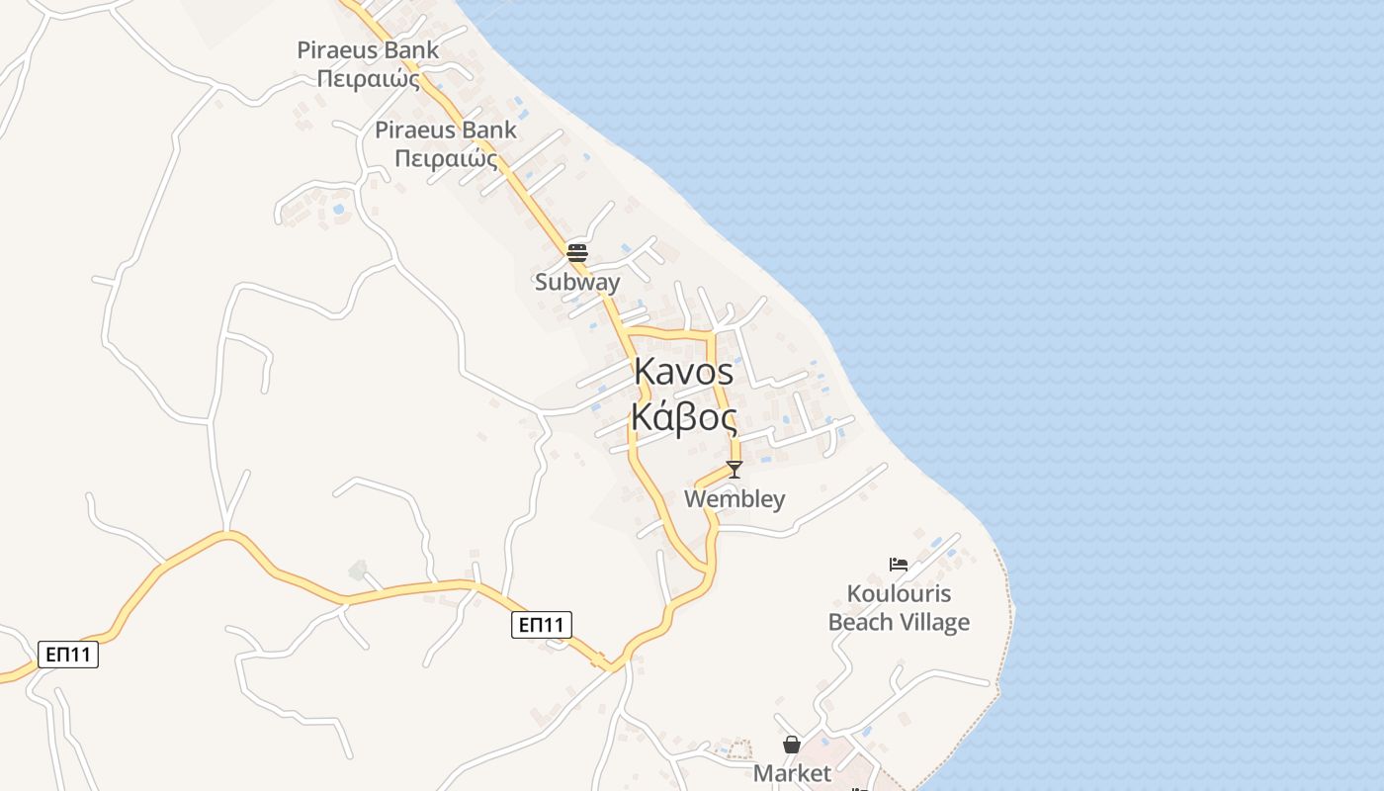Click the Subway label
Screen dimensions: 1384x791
[x=577, y=282]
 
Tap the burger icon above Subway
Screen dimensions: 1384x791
[x=577, y=252]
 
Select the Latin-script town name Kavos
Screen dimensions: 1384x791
[x=683, y=372]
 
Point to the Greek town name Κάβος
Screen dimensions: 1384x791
[x=683, y=417]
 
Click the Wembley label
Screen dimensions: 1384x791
[x=735, y=499]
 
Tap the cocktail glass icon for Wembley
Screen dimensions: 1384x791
[x=734, y=469]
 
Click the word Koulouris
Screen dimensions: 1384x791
[x=899, y=594]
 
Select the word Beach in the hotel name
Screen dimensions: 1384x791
[x=862, y=622]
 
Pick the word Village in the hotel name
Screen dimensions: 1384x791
[x=935, y=622]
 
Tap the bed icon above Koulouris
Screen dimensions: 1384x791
[x=899, y=565]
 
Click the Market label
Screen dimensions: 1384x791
[x=792, y=773]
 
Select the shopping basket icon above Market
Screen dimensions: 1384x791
[x=792, y=745]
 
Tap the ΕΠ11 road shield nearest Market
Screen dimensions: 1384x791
[x=542, y=624]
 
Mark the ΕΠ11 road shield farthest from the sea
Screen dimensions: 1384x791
[x=68, y=654]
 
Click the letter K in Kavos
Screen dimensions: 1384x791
[x=645, y=372]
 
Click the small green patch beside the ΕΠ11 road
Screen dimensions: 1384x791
[x=358, y=571]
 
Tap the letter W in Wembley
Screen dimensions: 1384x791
[x=696, y=499]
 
